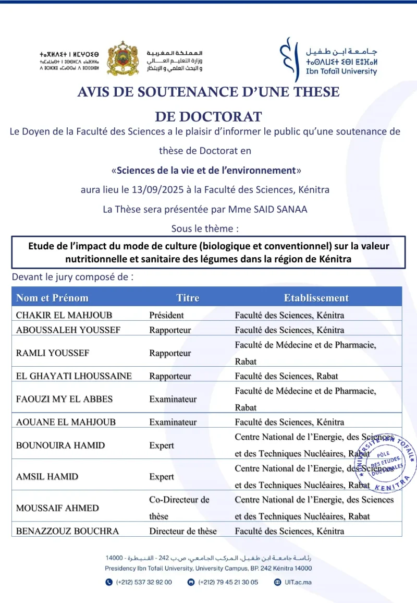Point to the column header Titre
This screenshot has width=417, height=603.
188,298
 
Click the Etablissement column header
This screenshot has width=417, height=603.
316,298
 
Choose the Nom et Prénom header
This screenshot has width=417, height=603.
52,298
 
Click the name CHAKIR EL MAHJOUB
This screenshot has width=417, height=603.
64,315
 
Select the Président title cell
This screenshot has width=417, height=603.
166,315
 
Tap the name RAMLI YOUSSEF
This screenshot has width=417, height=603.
53,353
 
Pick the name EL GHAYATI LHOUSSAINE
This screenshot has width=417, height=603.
74,376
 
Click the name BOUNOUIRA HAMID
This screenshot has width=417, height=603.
60,445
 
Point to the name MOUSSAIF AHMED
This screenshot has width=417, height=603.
57,508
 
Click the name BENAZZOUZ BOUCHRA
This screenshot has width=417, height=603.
67,531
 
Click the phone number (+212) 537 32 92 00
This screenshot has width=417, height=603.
143,582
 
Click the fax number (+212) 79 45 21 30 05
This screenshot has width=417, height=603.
228,582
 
